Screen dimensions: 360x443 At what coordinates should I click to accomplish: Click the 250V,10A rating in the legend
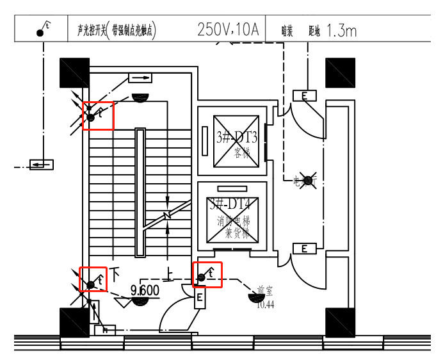coord(228,29)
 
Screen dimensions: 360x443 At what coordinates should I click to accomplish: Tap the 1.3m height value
coord(341,29)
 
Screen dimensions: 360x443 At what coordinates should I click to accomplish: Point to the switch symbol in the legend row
coord(42,29)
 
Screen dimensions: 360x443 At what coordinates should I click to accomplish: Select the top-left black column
coord(74,73)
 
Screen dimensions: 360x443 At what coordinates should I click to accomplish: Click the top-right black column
coord(340,73)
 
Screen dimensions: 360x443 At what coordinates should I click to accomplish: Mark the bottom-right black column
coord(340,323)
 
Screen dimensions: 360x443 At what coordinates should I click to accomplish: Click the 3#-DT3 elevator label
coord(237,137)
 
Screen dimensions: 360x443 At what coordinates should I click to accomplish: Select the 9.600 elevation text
coord(145,291)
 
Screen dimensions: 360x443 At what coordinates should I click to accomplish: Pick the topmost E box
coord(305,96)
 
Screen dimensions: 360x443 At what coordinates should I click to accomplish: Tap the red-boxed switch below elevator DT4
coord(207,275)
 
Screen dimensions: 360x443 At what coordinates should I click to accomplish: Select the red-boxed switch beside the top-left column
coord(98,116)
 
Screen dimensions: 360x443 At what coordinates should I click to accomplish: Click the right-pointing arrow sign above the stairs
coord(141,78)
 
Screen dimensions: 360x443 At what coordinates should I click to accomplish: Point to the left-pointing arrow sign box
coord(42,165)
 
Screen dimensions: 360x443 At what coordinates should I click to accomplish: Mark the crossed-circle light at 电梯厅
coord(309,181)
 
